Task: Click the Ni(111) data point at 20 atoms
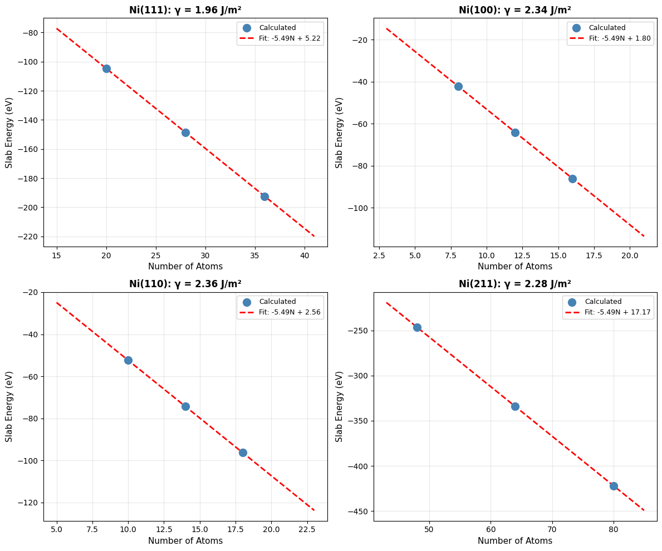tap(106, 69)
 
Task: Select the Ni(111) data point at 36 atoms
tap(264, 196)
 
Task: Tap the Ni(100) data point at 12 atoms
tap(515, 132)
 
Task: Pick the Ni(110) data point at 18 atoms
tap(243, 452)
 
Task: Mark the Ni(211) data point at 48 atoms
tap(417, 327)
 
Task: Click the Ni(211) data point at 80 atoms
tap(614, 486)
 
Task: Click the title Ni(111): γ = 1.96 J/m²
tap(185, 9)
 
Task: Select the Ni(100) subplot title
tap(515, 9)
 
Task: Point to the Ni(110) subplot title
tap(185, 284)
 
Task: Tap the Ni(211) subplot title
tap(515, 284)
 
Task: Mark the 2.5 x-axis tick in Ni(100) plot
tap(379, 255)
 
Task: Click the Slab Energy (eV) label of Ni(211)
tap(339, 407)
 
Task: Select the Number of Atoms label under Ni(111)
tap(185, 266)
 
